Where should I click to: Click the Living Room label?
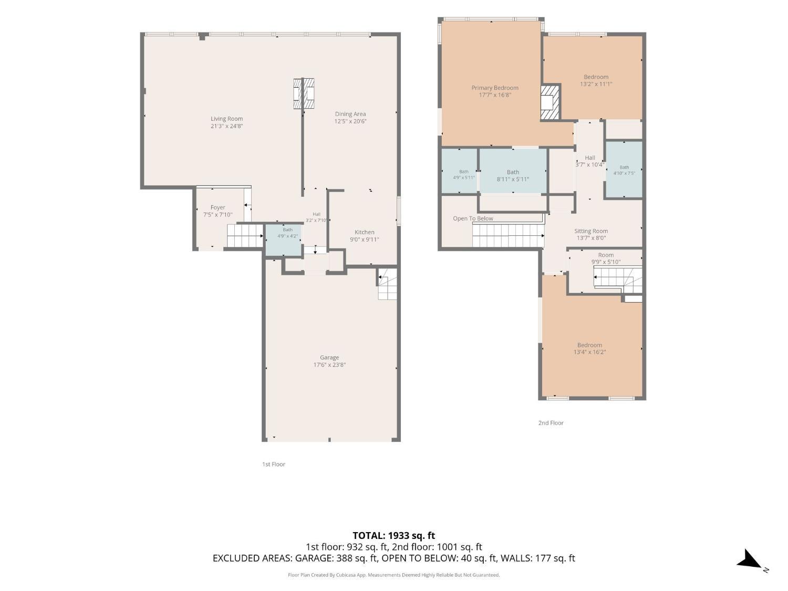pyautogui.click(x=226, y=119)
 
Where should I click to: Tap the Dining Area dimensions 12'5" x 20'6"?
pyautogui.click(x=350, y=121)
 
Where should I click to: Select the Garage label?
pyautogui.click(x=329, y=357)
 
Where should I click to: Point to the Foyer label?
pyautogui.click(x=217, y=208)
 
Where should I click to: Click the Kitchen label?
pyautogui.click(x=365, y=232)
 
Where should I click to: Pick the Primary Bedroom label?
pyautogui.click(x=495, y=88)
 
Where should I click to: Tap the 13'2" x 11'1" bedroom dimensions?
pyautogui.click(x=596, y=84)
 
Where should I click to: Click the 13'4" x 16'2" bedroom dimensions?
pyautogui.click(x=589, y=352)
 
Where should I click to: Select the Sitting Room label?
pyautogui.click(x=591, y=231)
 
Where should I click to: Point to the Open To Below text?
pyautogui.click(x=473, y=219)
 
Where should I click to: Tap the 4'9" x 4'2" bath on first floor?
pyautogui.click(x=287, y=233)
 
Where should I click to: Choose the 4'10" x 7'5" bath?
pyautogui.click(x=624, y=170)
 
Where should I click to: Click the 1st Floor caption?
pyautogui.click(x=274, y=464)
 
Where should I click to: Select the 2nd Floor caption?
pyautogui.click(x=551, y=423)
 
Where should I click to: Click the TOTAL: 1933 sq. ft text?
pyautogui.click(x=394, y=535)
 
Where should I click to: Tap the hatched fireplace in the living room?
pyautogui.click(x=304, y=94)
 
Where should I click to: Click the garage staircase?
pyautogui.click(x=387, y=284)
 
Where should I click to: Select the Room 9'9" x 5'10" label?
pyautogui.click(x=606, y=258)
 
